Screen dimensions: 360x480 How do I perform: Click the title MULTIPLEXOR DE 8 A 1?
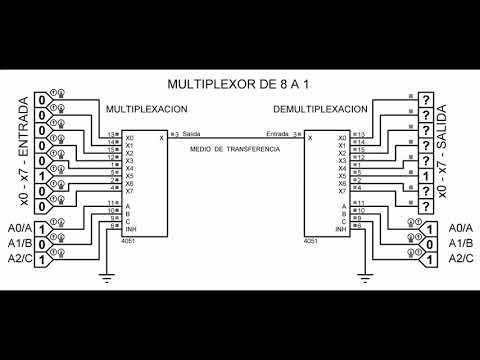pos(240,84)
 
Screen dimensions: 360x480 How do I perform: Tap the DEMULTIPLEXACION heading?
pos(321,107)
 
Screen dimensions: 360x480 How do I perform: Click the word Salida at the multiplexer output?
pos(191,134)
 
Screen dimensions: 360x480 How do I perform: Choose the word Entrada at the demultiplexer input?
pos(277,134)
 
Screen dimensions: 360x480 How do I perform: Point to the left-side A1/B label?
pos(17,243)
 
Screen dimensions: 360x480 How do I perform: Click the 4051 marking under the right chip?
pos(313,239)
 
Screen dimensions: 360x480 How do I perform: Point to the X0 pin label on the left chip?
pos(130,137)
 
